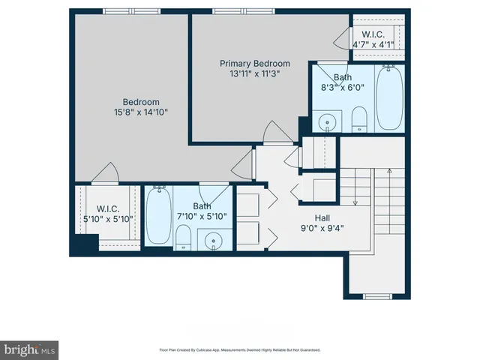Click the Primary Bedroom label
point(254,64)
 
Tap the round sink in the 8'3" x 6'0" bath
point(327,121)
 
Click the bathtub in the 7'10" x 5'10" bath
point(159,216)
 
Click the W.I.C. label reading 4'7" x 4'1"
point(373,34)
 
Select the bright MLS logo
point(30,348)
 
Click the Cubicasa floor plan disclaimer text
point(240,349)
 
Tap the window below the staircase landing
point(379,298)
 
